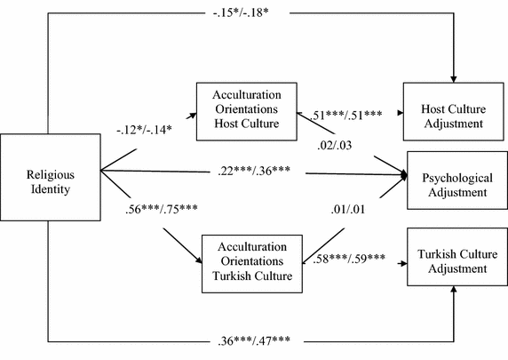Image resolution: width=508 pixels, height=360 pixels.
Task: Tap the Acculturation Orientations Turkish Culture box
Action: pos(251,260)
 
